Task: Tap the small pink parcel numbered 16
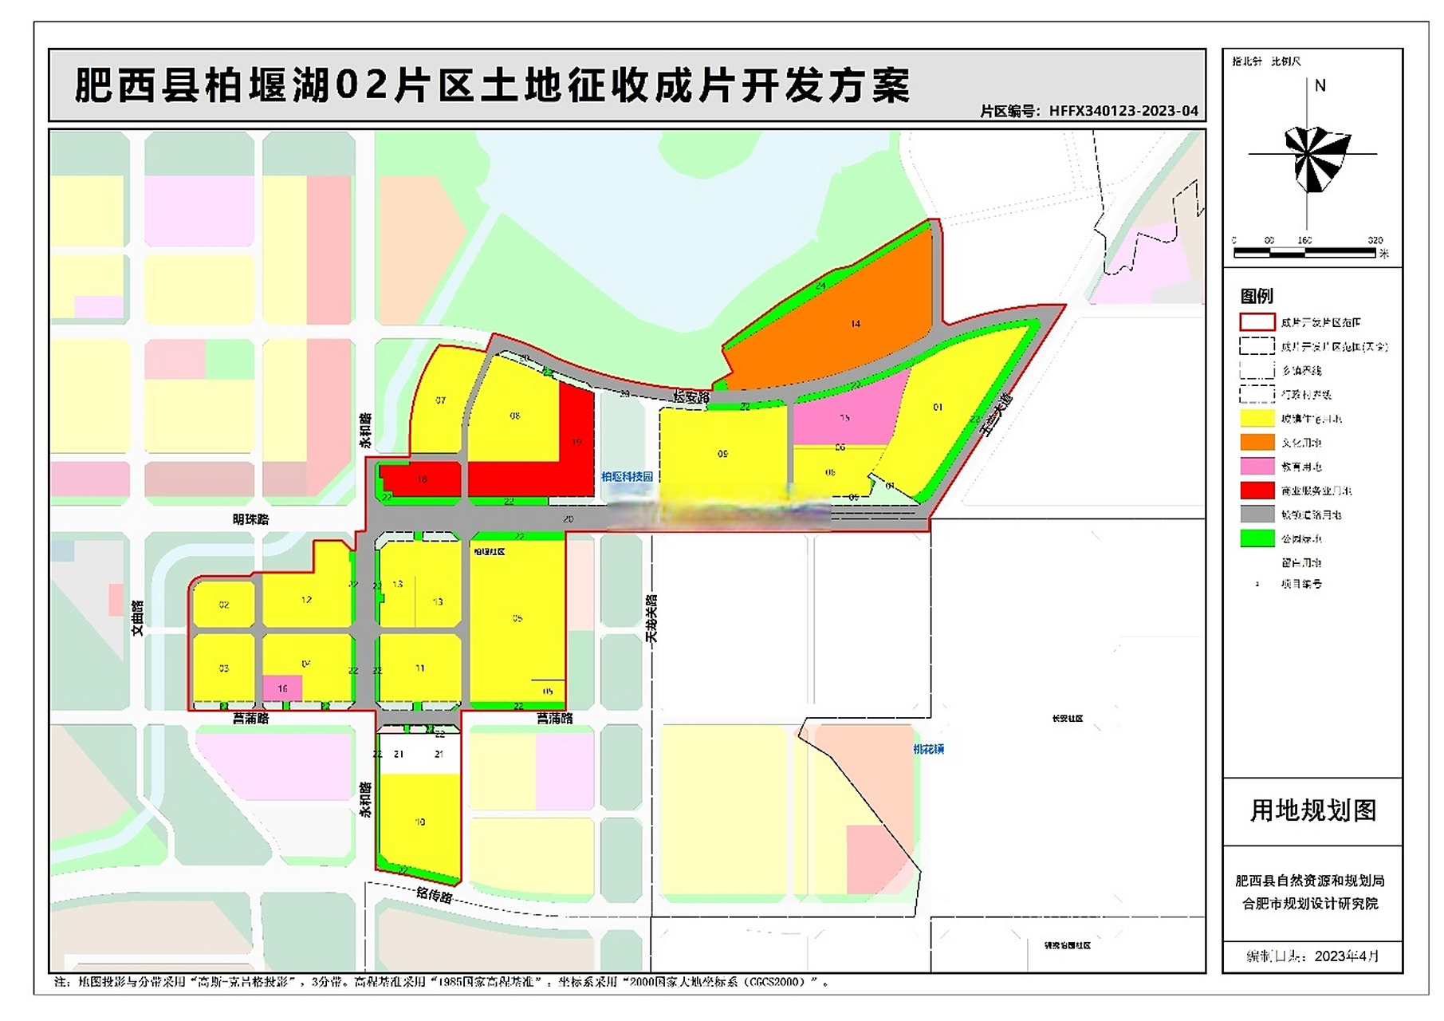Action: pyautogui.click(x=282, y=688)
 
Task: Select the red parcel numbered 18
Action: pyautogui.click(x=423, y=480)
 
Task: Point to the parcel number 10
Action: pyautogui.click(x=420, y=822)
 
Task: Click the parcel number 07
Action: pyautogui.click(x=440, y=400)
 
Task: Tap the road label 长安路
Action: pyautogui.click(x=691, y=396)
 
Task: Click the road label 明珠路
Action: pyautogui.click(x=250, y=519)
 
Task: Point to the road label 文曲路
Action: pyautogui.click(x=137, y=618)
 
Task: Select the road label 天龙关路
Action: pyautogui.click(x=651, y=618)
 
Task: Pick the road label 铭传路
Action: pyautogui.click(x=435, y=895)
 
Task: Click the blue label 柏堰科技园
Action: pyautogui.click(x=627, y=476)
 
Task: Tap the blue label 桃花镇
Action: pyautogui.click(x=928, y=749)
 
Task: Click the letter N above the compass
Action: pyautogui.click(x=1320, y=85)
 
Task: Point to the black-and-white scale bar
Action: pyautogui.click(x=1304, y=253)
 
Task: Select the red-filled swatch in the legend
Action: pyautogui.click(x=1257, y=491)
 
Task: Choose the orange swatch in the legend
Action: pyautogui.click(x=1257, y=442)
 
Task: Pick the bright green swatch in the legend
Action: pyautogui.click(x=1257, y=538)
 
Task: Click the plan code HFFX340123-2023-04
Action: pyautogui.click(x=1123, y=111)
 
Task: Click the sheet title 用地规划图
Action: pyautogui.click(x=1312, y=810)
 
